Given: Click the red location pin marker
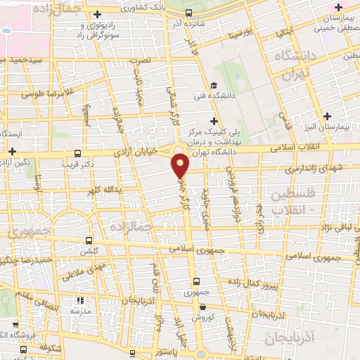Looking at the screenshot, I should [181, 166].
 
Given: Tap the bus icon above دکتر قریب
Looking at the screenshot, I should [77, 153].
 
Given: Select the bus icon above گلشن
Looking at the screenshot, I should [89, 239].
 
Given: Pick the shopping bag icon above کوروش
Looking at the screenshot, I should [202, 308].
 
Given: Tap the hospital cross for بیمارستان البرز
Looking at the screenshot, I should [326, 115].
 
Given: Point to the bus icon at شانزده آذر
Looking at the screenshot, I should [188, 12].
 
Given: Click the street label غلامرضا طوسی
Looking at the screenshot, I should [48, 93].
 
